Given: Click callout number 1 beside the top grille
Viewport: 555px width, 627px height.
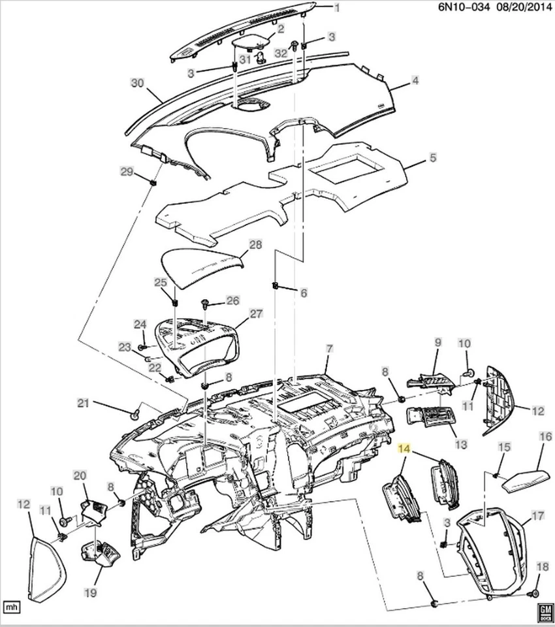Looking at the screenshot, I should pyautogui.click(x=338, y=8).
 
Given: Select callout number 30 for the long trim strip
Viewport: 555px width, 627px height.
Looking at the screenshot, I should pyautogui.click(x=136, y=84).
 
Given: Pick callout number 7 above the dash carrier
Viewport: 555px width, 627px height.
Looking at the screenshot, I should pyautogui.click(x=329, y=349).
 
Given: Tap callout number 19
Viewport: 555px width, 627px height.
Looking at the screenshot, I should pyautogui.click(x=89, y=593).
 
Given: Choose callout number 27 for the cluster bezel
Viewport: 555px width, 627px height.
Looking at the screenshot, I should pyautogui.click(x=255, y=314).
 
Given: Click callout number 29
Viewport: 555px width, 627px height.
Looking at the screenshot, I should pyautogui.click(x=126, y=172).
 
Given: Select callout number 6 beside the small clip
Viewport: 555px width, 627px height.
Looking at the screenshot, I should pyautogui.click(x=303, y=293).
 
